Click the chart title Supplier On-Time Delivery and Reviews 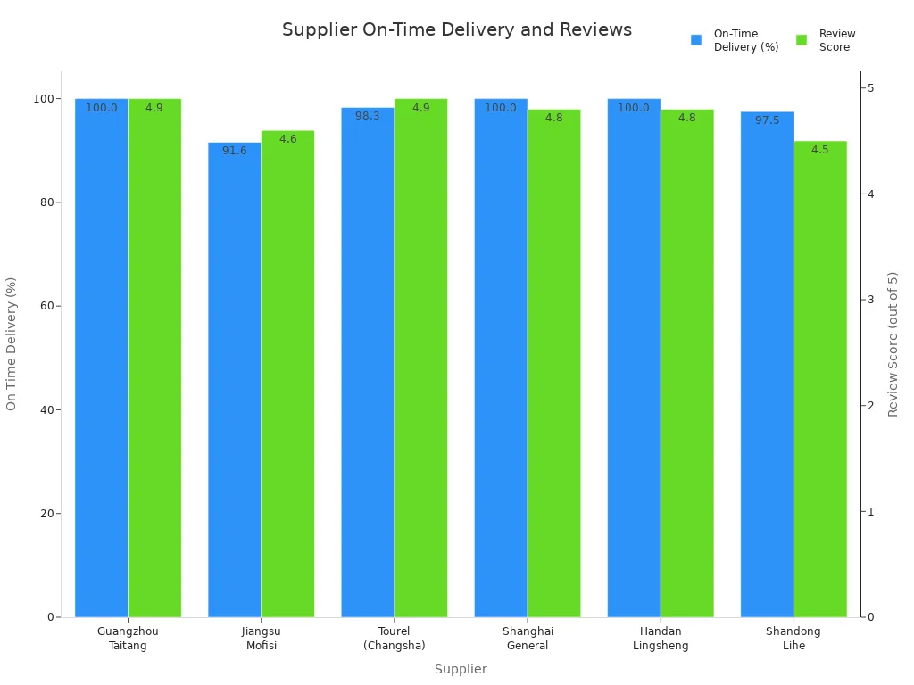[456, 30]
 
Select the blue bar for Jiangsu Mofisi [235, 379]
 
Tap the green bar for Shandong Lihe [820, 379]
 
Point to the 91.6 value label [235, 151]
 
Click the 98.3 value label [368, 116]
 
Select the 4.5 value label [820, 150]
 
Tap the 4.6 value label [288, 139]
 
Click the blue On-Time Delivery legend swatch [696, 40]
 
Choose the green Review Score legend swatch [802, 40]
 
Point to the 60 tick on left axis [44, 306]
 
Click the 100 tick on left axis [41, 98]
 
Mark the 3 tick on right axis [871, 300]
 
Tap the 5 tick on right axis [871, 87]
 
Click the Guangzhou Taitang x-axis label [128, 639]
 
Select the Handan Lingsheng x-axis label [661, 639]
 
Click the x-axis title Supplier [461, 669]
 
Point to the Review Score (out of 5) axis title [893, 344]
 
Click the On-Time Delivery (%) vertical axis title [12, 344]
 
